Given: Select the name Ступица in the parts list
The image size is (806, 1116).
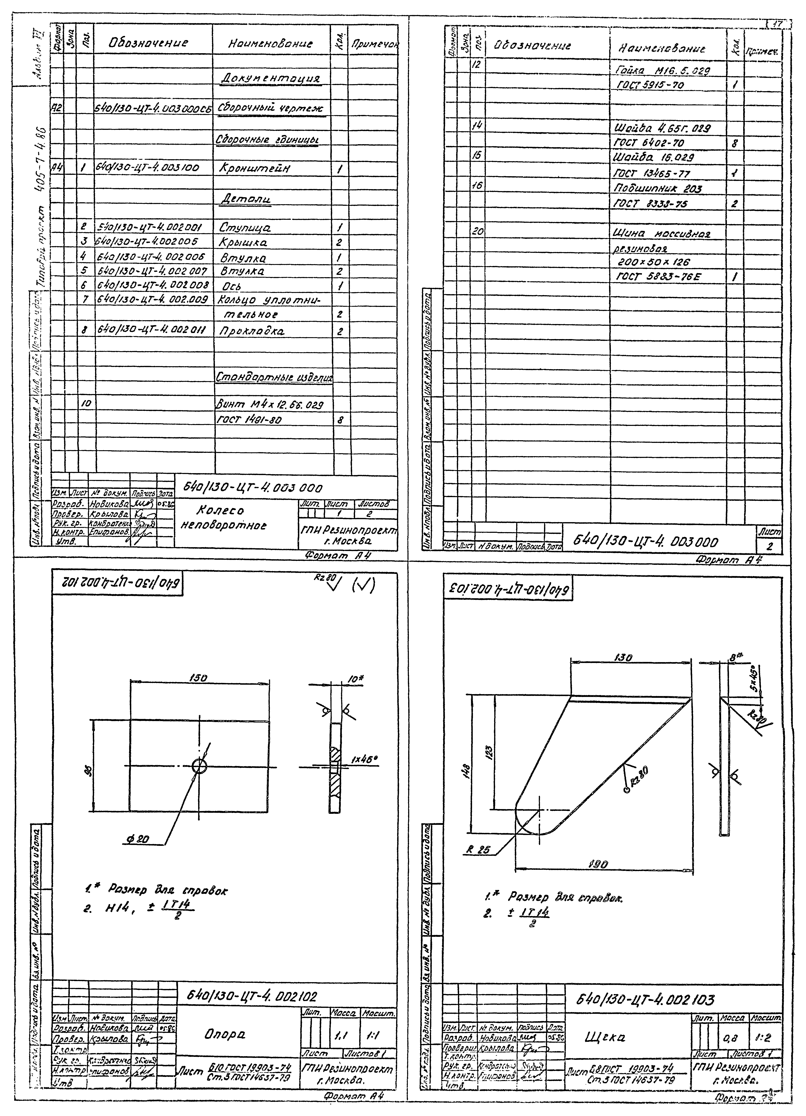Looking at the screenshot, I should click(x=245, y=228).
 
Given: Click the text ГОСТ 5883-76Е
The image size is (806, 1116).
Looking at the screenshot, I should click(x=658, y=277).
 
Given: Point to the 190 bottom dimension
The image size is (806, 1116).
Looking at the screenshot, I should click(x=599, y=865).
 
